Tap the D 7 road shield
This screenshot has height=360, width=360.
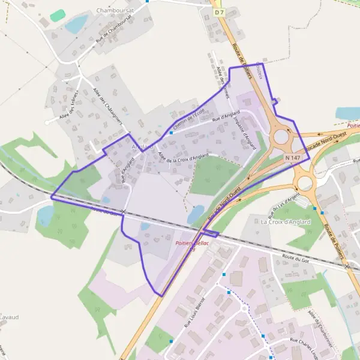pos(218,12)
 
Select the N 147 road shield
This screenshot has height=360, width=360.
pos(292,157)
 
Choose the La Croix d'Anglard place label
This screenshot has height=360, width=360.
pos(286,221)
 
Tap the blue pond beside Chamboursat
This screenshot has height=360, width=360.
pos(76,25)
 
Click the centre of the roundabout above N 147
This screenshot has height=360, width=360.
pos(281,136)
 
